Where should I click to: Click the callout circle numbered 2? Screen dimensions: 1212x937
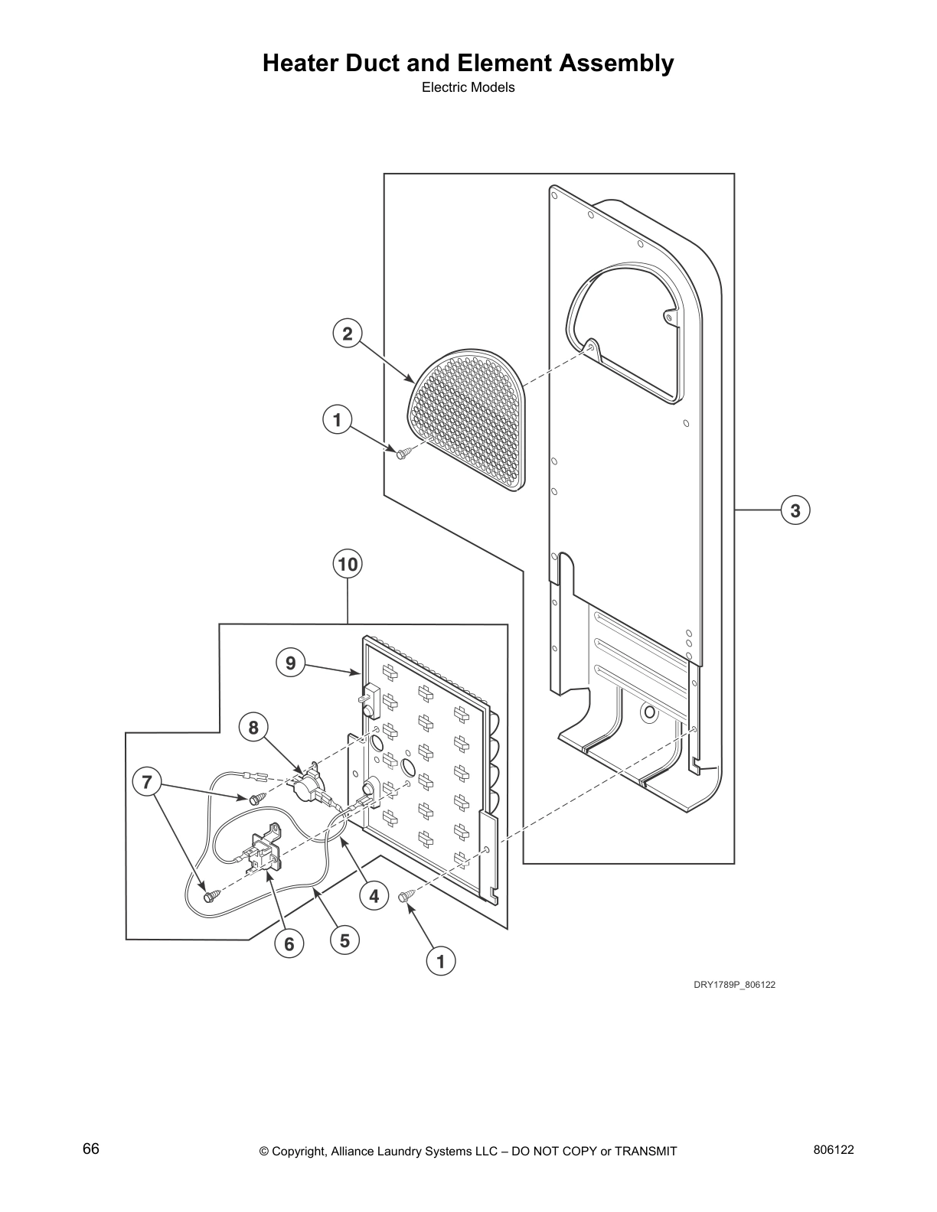click(348, 334)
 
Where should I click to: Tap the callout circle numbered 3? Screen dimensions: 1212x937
click(795, 510)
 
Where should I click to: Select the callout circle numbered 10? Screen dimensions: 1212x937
click(348, 565)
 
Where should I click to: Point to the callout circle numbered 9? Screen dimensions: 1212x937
click(290, 663)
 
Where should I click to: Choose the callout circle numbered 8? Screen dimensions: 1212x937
click(253, 727)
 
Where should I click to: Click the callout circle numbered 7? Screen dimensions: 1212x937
click(147, 782)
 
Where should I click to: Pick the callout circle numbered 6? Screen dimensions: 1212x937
click(289, 944)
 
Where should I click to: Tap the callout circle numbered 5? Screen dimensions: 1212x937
click(344, 940)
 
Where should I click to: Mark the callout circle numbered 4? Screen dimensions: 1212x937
click(374, 895)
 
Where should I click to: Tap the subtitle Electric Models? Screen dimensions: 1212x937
click(468, 87)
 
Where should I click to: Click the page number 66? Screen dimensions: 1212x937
click(91, 1149)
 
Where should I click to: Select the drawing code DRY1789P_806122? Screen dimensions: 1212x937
click(734, 985)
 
